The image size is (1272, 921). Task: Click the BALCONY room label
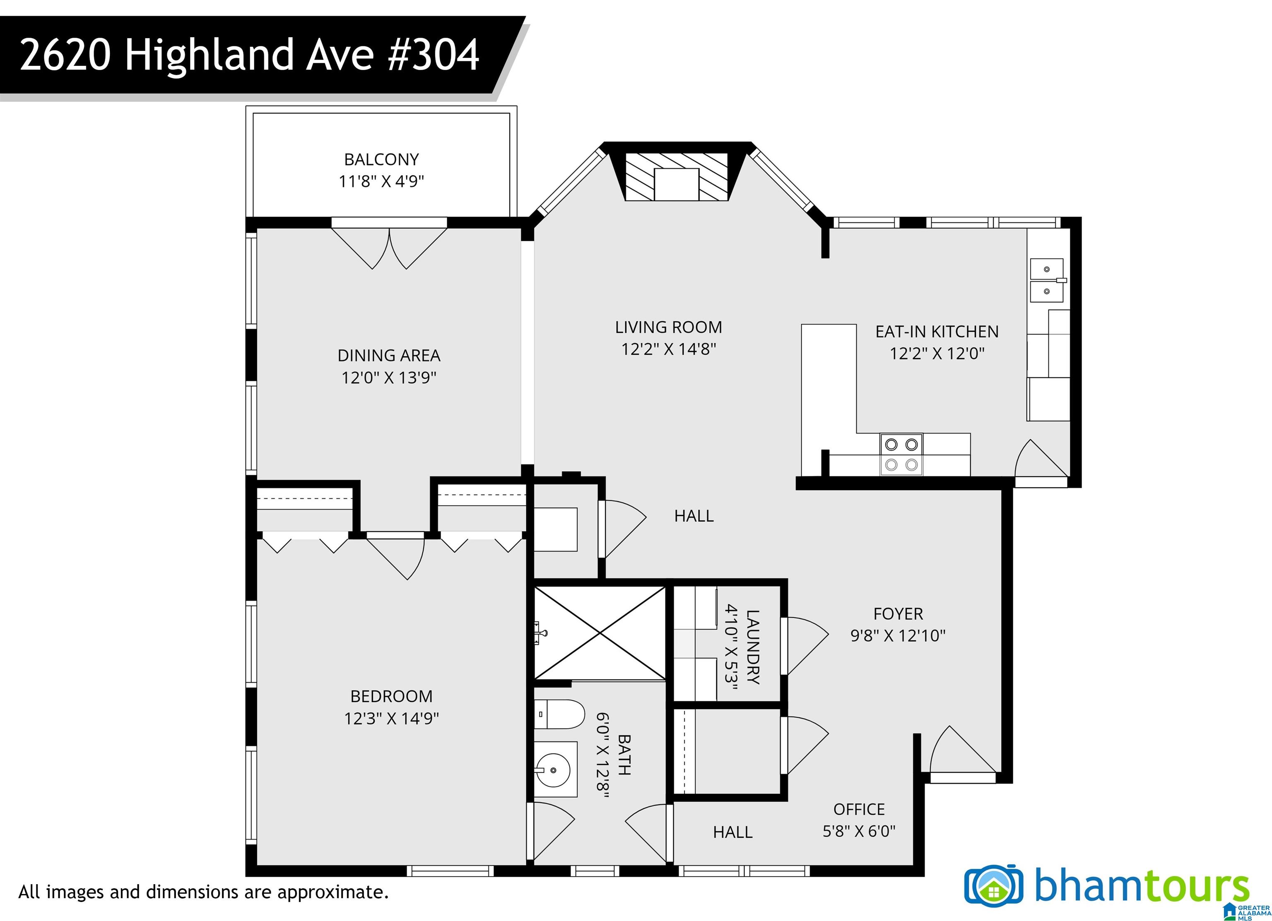[x=381, y=160]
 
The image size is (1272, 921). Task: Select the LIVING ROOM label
[x=669, y=327]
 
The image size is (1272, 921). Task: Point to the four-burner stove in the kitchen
[x=901, y=454]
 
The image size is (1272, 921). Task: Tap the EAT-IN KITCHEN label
[x=937, y=332]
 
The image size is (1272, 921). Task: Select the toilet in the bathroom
[x=559, y=714]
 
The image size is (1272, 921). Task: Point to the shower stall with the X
[x=600, y=633]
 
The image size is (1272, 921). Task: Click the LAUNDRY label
[x=753, y=647]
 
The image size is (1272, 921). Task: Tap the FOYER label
[x=898, y=614]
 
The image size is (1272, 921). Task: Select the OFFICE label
[x=859, y=810]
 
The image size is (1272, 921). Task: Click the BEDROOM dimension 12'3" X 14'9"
[x=391, y=719]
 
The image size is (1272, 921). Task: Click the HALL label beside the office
[x=732, y=832]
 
